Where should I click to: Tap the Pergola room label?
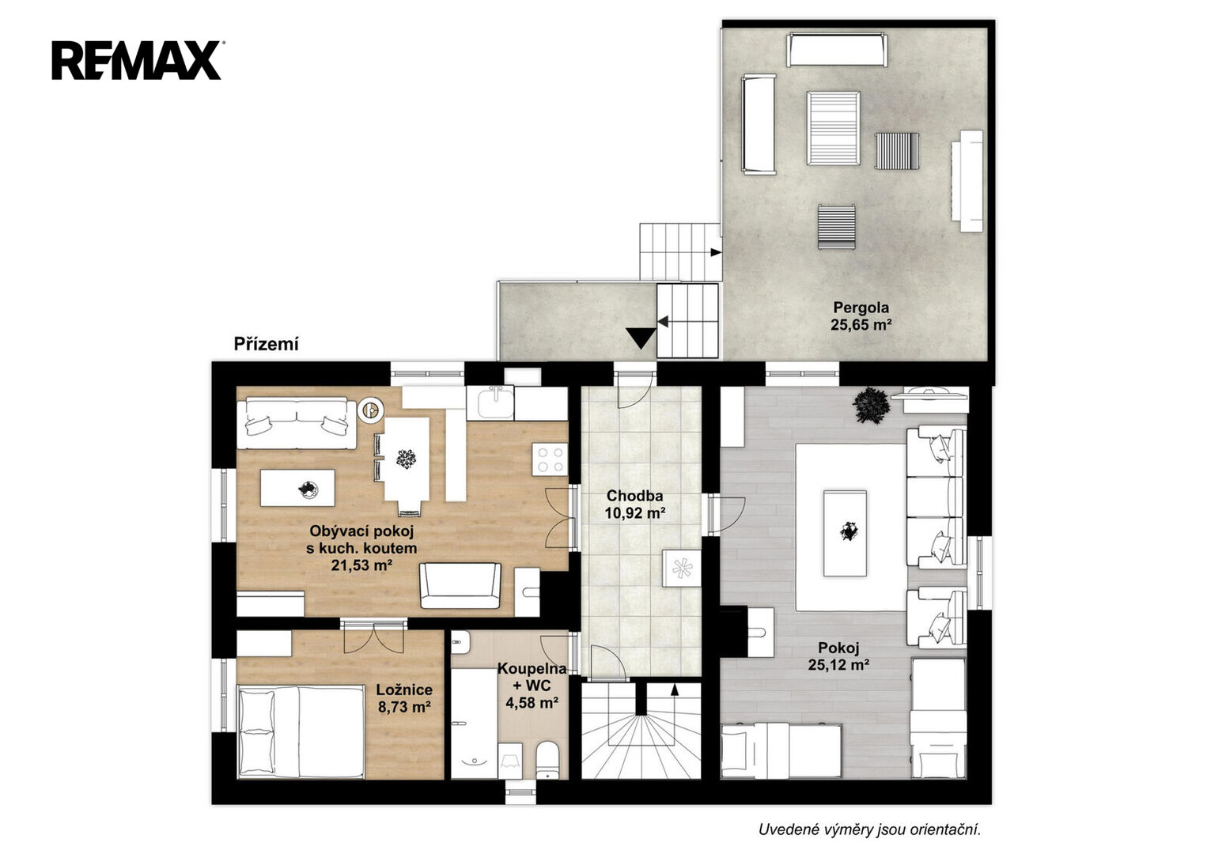click(x=861, y=316)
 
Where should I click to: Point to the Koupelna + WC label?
click(x=532, y=686)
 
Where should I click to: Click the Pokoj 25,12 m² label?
click(x=838, y=656)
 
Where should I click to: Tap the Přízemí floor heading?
click(x=267, y=344)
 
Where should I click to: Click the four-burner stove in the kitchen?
click(x=550, y=459)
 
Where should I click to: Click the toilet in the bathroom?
click(x=549, y=760)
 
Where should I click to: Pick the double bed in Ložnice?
click(x=301, y=731)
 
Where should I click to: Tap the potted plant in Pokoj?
click(x=870, y=405)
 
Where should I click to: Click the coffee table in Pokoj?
click(x=845, y=533)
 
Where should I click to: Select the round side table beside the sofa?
click(x=371, y=410)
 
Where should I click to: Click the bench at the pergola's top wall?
click(x=836, y=50)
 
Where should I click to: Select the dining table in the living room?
click(x=407, y=459)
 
